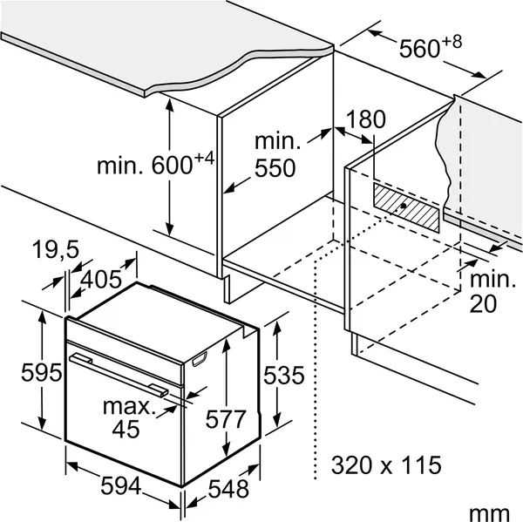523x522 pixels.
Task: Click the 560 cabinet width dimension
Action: pos(431,47)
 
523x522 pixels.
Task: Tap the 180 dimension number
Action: pos(366,119)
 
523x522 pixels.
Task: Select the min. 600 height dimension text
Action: pos(155,164)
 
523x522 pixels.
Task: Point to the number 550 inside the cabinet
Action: pos(275,168)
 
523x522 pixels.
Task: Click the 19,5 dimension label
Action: pos(56,249)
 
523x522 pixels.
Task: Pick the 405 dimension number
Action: pos(101,279)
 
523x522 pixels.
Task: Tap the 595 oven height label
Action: pos(41,372)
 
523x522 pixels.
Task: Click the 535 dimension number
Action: pos(284,376)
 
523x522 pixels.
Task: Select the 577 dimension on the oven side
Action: pos(226,419)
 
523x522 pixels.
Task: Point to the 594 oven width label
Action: pos(121,485)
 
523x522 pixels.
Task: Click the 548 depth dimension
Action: pos(228,489)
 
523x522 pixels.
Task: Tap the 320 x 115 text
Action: pos(386,465)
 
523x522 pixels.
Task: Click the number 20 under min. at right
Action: pos(483,303)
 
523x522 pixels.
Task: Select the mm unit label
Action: pos(489,514)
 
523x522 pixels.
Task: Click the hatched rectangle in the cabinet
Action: pos(406,207)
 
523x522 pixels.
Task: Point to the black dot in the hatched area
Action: pos(404,206)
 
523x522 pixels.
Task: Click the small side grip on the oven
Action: pos(200,359)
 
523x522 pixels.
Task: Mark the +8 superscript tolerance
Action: pos(452,43)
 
